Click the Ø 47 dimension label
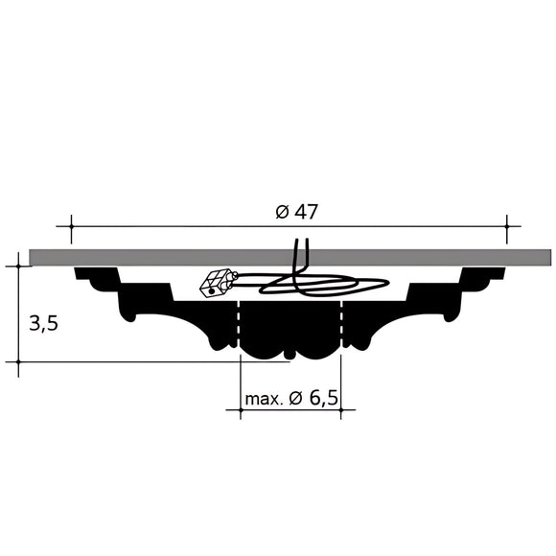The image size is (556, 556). (x=296, y=212)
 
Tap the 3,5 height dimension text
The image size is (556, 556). (x=43, y=323)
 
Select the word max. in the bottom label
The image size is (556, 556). (x=263, y=398)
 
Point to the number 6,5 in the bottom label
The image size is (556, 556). (x=325, y=398)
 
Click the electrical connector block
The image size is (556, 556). (x=218, y=282)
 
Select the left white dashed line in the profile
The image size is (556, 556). (x=238, y=326)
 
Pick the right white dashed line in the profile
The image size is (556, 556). (x=341, y=326)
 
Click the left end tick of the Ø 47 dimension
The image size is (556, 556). (x=71, y=228)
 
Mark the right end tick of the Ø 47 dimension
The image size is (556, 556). (x=506, y=228)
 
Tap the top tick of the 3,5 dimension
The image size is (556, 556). (x=18, y=266)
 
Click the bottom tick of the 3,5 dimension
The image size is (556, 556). (x=18, y=362)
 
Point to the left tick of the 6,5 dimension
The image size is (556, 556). (x=239, y=411)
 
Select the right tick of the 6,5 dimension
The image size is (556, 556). (x=341, y=411)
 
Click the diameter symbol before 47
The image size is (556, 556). (x=281, y=212)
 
